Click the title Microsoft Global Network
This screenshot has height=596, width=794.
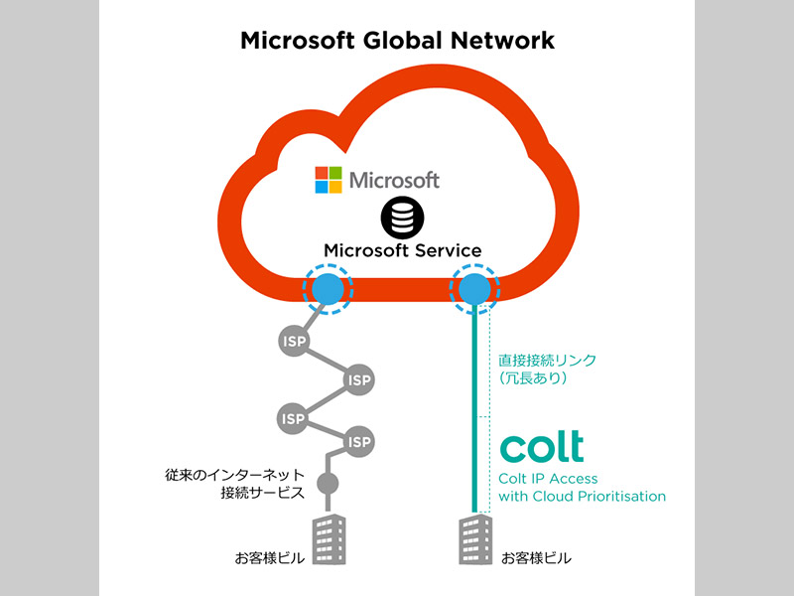click(397, 42)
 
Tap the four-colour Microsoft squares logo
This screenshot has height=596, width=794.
click(329, 180)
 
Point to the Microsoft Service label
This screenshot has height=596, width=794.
click(402, 250)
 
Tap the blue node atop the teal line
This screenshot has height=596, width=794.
click(473, 289)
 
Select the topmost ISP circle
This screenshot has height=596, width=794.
click(294, 341)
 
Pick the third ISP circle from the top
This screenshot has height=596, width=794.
click(294, 418)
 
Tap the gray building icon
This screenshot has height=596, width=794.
click(329, 540)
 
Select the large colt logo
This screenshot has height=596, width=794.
click(541, 447)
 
